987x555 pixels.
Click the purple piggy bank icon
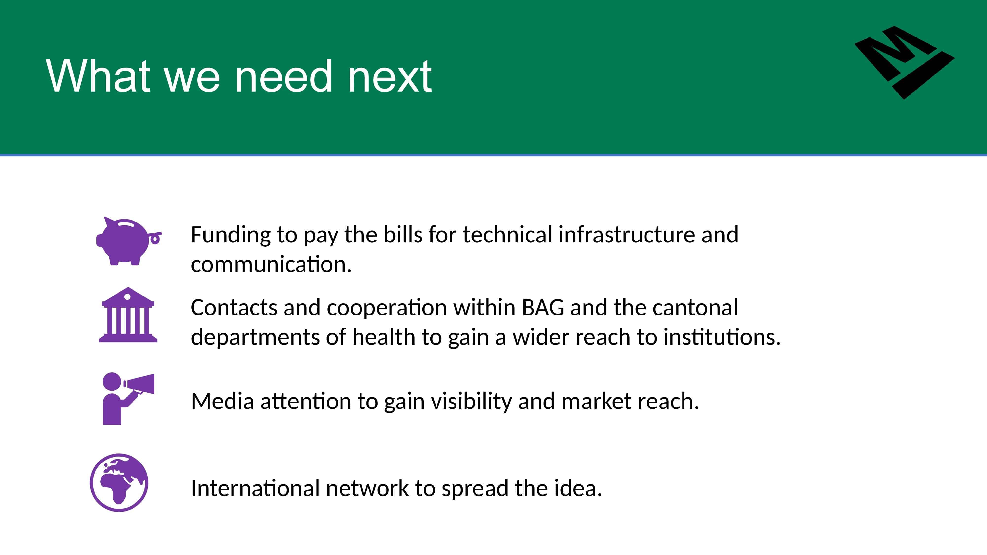tap(128, 241)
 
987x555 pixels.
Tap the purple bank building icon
tap(128, 314)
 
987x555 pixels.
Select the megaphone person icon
tap(128, 398)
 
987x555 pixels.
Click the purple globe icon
tap(119, 483)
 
